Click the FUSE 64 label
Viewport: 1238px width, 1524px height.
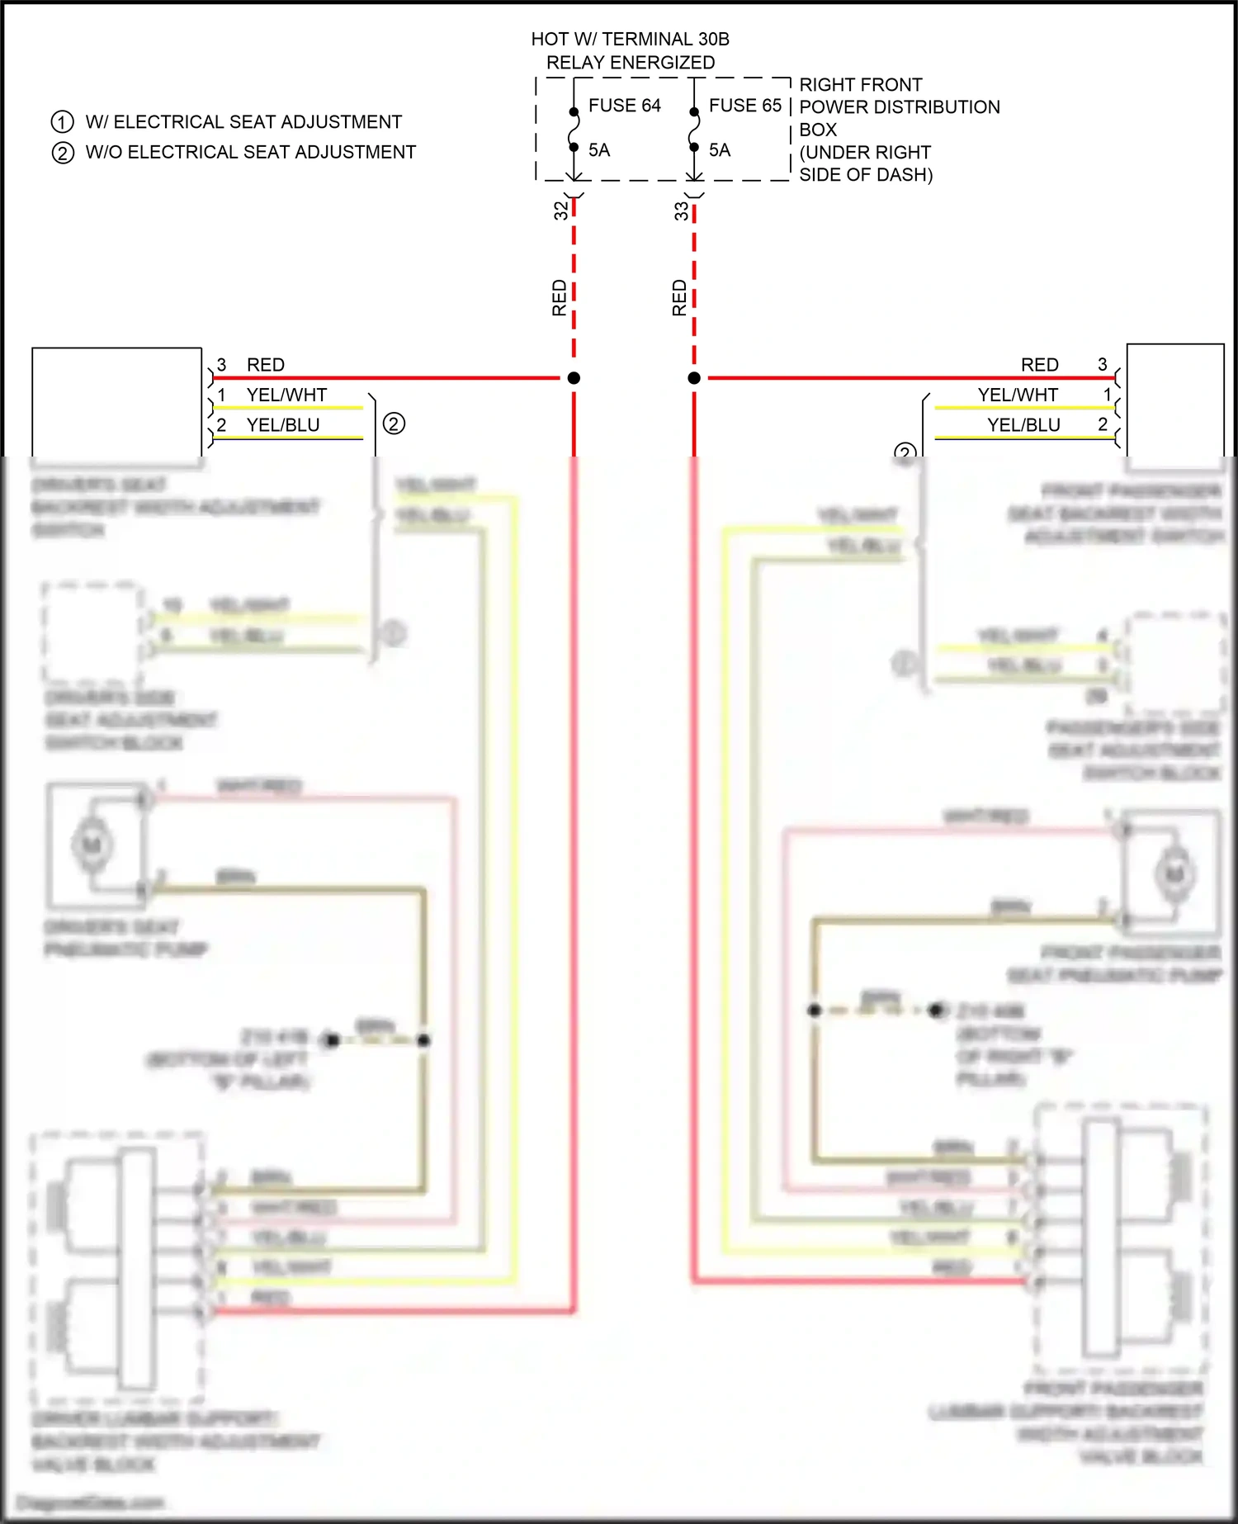624,106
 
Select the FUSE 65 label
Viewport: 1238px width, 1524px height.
744,106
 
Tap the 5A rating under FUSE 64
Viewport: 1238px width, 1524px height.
599,150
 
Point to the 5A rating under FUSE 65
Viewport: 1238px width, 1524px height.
720,150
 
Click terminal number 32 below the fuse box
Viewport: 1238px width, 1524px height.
561,211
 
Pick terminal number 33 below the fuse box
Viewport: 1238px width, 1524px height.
681,211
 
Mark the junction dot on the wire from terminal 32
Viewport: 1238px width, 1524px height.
574,378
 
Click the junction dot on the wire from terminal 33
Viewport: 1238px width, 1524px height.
694,378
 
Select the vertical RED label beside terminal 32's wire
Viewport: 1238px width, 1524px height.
560,298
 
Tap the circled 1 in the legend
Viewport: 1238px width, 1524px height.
63,122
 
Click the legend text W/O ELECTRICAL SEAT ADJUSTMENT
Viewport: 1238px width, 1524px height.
251,153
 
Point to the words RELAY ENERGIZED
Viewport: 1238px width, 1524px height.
631,63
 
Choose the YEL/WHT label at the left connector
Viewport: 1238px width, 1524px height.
286,395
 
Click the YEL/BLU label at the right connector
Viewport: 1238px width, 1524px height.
1023,425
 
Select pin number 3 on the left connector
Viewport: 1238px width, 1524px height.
221,365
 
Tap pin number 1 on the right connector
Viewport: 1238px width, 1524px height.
1108,395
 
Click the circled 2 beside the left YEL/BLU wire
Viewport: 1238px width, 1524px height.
394,424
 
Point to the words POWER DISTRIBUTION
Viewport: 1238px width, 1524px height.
900,107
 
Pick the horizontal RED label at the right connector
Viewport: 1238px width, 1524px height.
1039,365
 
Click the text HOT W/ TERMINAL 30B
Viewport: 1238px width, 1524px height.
630,40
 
